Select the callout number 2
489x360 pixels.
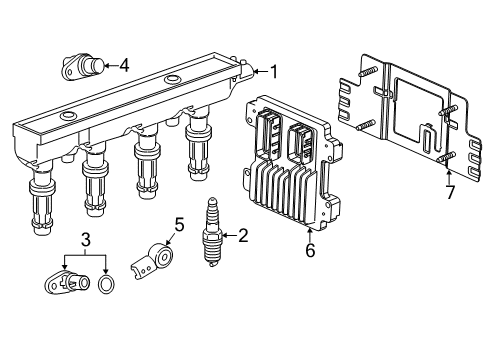pos(242,236)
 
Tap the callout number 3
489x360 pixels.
pos(87,239)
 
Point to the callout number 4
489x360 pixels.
pos(124,65)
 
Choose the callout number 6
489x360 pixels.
pos(310,250)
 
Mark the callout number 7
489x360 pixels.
pos(449,190)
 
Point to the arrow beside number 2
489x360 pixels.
pos(228,236)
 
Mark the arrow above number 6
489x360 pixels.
pos(310,234)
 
